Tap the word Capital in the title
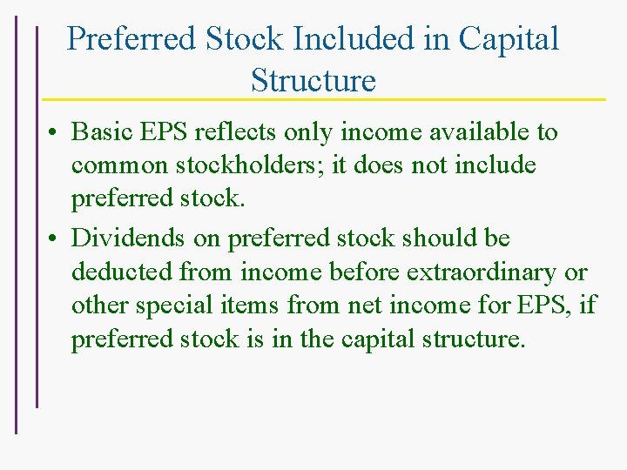[509, 38]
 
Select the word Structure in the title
[313, 80]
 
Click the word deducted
[122, 272]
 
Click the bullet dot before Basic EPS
[54, 133]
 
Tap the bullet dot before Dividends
[54, 238]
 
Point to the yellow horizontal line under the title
[322, 99]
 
